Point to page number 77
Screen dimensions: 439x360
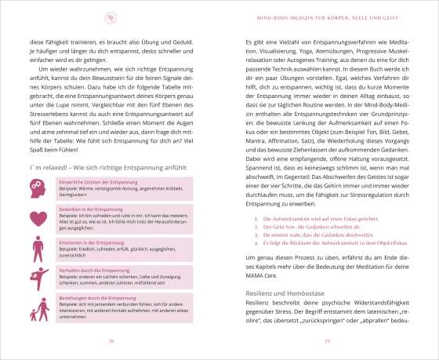coord(328,341)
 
